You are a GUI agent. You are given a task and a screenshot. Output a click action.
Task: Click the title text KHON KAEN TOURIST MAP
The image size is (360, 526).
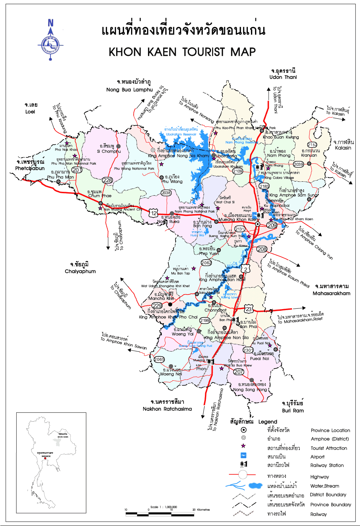click(182, 52)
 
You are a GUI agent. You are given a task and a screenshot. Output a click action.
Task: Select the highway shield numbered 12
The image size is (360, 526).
click(154, 213)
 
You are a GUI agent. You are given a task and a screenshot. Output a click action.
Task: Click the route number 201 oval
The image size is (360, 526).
click(77, 170)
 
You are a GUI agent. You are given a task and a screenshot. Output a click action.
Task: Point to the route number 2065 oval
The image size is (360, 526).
click(159, 359)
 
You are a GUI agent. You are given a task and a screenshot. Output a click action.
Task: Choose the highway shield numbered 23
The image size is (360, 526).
click(249, 309)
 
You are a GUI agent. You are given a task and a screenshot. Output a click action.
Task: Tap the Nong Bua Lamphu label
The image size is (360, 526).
click(130, 89)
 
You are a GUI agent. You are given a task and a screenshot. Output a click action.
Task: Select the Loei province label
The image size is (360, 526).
click(30, 112)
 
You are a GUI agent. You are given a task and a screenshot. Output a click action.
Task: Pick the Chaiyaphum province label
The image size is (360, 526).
click(80, 271)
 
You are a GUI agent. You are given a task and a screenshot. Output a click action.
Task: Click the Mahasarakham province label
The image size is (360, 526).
click(332, 293)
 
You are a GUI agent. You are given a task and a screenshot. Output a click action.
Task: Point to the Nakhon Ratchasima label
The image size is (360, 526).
click(167, 409)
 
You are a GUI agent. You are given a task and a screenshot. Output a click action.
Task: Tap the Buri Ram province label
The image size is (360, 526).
click(293, 410)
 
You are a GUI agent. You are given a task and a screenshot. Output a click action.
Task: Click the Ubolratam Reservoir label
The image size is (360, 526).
click(181, 134)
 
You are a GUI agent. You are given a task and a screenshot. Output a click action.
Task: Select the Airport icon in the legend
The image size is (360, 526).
click(243, 455)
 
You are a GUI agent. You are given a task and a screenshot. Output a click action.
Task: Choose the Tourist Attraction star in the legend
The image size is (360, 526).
click(243, 446)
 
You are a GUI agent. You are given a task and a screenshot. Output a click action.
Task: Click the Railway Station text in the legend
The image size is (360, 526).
click(327, 465)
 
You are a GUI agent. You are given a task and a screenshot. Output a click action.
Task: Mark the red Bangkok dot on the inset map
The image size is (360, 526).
click(45, 458)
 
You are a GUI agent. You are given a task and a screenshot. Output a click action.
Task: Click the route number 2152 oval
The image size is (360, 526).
click(312, 145)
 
